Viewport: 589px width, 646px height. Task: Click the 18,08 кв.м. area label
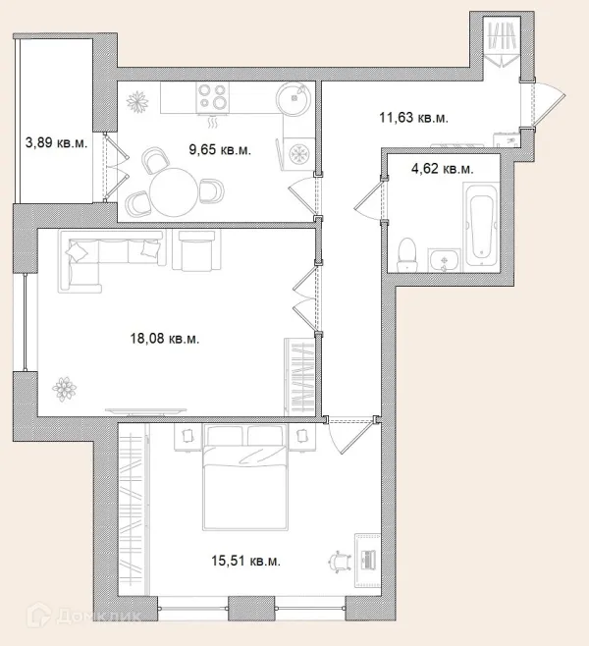pyautogui.click(x=165, y=339)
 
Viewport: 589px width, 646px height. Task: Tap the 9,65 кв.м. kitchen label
pyautogui.click(x=220, y=149)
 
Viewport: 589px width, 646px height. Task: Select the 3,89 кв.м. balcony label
pyautogui.click(x=56, y=142)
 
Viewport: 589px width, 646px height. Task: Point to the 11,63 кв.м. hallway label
pyautogui.click(x=413, y=118)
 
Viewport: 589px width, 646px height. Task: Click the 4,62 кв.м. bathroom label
pyautogui.click(x=443, y=169)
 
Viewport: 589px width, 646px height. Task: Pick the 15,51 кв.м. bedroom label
pyautogui.click(x=245, y=561)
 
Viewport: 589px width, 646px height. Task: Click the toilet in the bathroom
pyautogui.click(x=407, y=254)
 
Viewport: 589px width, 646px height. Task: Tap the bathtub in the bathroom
pyautogui.click(x=481, y=225)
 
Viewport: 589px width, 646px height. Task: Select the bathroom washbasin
pyautogui.click(x=444, y=260)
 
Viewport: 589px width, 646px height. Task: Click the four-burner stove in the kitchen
pyautogui.click(x=213, y=97)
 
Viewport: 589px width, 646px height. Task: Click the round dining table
pyautogui.click(x=174, y=191)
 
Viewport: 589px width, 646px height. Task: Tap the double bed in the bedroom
pyautogui.click(x=245, y=477)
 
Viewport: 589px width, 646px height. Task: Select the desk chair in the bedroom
pyautogui.click(x=341, y=562)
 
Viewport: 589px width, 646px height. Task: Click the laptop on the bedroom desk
pyautogui.click(x=367, y=560)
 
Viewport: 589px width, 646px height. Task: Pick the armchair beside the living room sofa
pyautogui.click(x=196, y=250)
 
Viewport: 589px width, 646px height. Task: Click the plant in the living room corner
pyautogui.click(x=64, y=389)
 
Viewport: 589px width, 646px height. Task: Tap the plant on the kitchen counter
pyautogui.click(x=137, y=101)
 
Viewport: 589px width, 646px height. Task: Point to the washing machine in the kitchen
pyautogui.click(x=297, y=154)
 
